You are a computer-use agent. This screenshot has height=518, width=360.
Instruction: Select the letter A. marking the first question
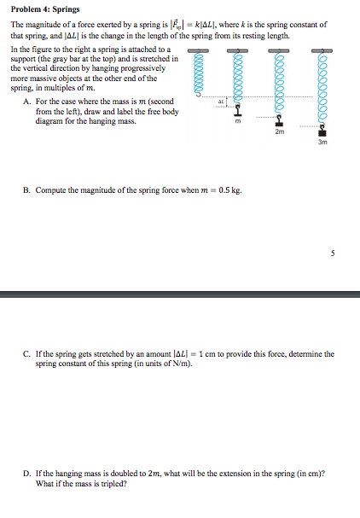point(27,102)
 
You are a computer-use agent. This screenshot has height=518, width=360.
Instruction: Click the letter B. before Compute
point(27,189)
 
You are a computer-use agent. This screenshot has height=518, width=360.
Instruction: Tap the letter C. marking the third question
point(27,353)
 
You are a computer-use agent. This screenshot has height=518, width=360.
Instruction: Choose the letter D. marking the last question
point(27,473)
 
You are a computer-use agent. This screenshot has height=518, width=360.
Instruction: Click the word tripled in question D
point(113,482)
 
